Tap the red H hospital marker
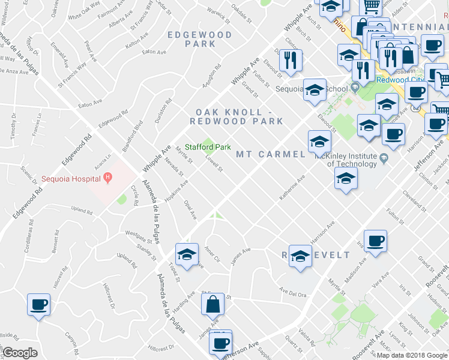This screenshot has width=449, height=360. click(107, 177)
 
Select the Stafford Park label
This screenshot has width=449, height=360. click(208, 147)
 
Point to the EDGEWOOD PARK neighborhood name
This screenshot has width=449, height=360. click(200, 40)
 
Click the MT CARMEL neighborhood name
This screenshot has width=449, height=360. click(271, 154)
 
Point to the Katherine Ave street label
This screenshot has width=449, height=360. click(293, 188)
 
